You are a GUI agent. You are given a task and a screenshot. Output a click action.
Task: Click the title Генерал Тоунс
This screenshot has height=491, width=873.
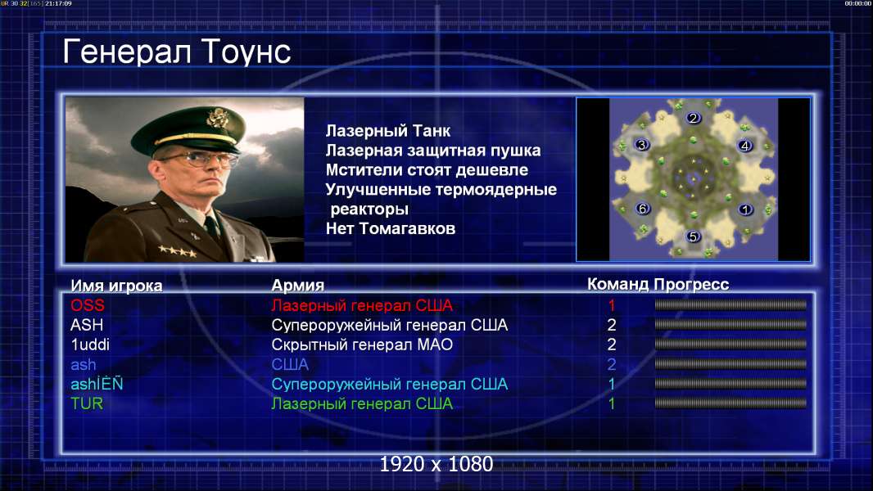[177, 52]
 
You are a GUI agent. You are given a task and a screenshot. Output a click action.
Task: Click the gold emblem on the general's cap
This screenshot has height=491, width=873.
[217, 117]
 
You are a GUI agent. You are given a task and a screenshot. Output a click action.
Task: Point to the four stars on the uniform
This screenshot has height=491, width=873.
[177, 250]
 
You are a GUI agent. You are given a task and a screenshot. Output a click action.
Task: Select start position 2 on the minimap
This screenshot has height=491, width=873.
[693, 118]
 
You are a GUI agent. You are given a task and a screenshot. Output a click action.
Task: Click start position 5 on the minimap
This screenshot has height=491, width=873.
[693, 236]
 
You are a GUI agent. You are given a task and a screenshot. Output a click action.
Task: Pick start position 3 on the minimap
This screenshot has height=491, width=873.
[642, 145]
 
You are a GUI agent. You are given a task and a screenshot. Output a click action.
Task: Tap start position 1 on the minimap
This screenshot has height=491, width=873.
[745, 209]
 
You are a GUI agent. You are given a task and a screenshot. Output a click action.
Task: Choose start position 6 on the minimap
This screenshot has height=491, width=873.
[643, 209]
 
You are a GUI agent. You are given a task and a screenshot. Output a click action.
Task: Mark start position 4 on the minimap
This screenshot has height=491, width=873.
[745, 146]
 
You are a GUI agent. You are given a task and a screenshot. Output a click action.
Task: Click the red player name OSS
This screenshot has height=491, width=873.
[88, 305]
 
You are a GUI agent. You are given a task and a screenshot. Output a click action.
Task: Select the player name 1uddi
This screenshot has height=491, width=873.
[90, 345]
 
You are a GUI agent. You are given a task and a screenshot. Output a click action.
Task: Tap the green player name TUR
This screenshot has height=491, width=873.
[87, 403]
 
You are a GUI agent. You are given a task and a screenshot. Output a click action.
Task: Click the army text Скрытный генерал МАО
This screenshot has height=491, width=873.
[362, 345]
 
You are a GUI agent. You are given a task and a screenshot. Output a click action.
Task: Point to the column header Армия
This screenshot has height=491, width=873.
[298, 286]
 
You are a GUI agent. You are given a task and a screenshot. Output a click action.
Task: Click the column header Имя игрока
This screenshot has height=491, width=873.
[116, 286]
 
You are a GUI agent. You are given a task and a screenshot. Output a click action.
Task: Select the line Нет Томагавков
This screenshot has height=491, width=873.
[391, 228]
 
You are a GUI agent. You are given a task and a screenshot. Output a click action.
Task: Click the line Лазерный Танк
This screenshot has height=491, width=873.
[388, 131]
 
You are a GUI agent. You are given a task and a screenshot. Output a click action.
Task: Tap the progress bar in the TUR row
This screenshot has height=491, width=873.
[731, 403]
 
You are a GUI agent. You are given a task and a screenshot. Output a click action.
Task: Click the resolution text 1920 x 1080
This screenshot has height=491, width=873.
[436, 464]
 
